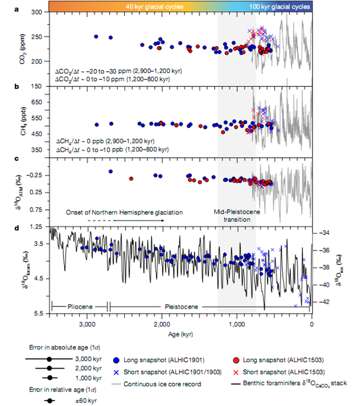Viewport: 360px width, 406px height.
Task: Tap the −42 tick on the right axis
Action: point(324,302)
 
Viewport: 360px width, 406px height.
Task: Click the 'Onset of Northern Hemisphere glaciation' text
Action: point(124,212)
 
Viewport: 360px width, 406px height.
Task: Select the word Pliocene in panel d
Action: point(79,306)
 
